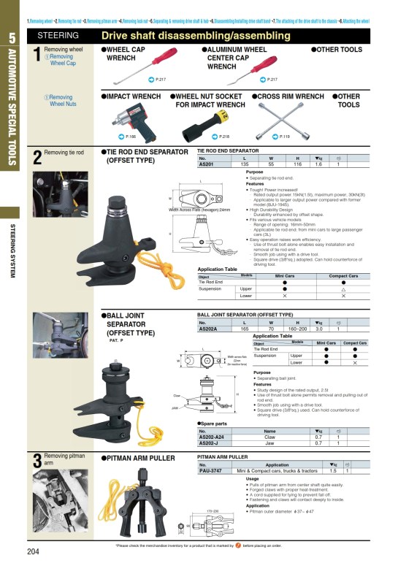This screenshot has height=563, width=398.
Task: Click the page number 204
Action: pyautogui.click(x=34, y=551)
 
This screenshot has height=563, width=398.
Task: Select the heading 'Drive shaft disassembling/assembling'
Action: pyautogui.click(x=195, y=36)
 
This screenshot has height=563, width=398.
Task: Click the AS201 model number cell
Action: pyautogui.click(x=207, y=165)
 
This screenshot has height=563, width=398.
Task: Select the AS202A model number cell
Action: pyautogui.click(x=209, y=329)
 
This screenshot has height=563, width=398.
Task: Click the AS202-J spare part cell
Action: pyautogui.click(x=210, y=443)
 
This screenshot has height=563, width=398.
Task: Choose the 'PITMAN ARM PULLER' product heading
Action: pyautogui.click(x=141, y=458)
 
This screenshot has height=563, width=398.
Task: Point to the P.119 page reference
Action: pyautogui.click(x=284, y=137)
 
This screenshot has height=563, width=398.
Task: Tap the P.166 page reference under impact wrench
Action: pyautogui.click(x=129, y=137)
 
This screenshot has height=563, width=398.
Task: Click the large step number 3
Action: pyautogui.click(x=37, y=461)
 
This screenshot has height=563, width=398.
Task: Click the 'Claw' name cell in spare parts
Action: pyautogui.click(x=269, y=437)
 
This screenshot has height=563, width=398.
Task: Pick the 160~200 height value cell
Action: pyautogui.click(x=297, y=329)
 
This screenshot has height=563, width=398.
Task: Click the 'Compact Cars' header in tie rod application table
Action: pyautogui.click(x=343, y=277)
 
